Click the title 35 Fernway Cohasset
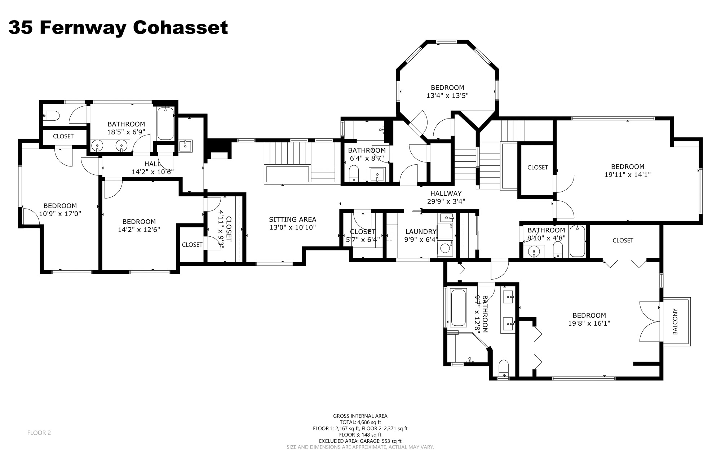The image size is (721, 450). point(118,27)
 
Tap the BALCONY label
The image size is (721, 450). point(675,321)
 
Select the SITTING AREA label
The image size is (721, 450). point(292,219)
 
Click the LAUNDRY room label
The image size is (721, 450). point(421,232)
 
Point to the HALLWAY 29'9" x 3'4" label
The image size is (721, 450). point(446,197)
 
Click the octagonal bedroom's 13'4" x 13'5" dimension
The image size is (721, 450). point(447,95)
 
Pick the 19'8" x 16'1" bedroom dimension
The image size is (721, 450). point(589,323)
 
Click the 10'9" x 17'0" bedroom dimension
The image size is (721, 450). point(60,213)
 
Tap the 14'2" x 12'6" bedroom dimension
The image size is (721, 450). point(139,230)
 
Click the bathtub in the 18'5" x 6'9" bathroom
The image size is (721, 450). point(165,124)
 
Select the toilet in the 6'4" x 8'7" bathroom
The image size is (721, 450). point(354,173)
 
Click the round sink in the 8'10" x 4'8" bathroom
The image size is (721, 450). point(533,250)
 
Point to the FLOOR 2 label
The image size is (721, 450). point(39,433)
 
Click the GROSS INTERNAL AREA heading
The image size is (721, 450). point(360,416)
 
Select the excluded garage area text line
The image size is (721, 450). point(360,441)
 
